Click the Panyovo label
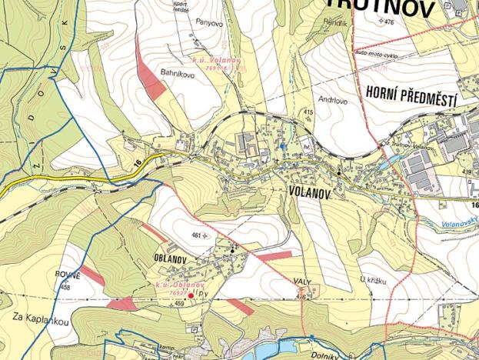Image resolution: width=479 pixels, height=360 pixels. (208, 23)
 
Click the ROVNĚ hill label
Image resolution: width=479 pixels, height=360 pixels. (68, 274)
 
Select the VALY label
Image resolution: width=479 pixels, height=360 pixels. (302, 282)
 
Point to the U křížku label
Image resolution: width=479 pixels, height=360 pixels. (371, 282)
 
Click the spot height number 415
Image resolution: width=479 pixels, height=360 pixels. (308, 113)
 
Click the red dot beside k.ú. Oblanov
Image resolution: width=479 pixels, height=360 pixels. (190, 295)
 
